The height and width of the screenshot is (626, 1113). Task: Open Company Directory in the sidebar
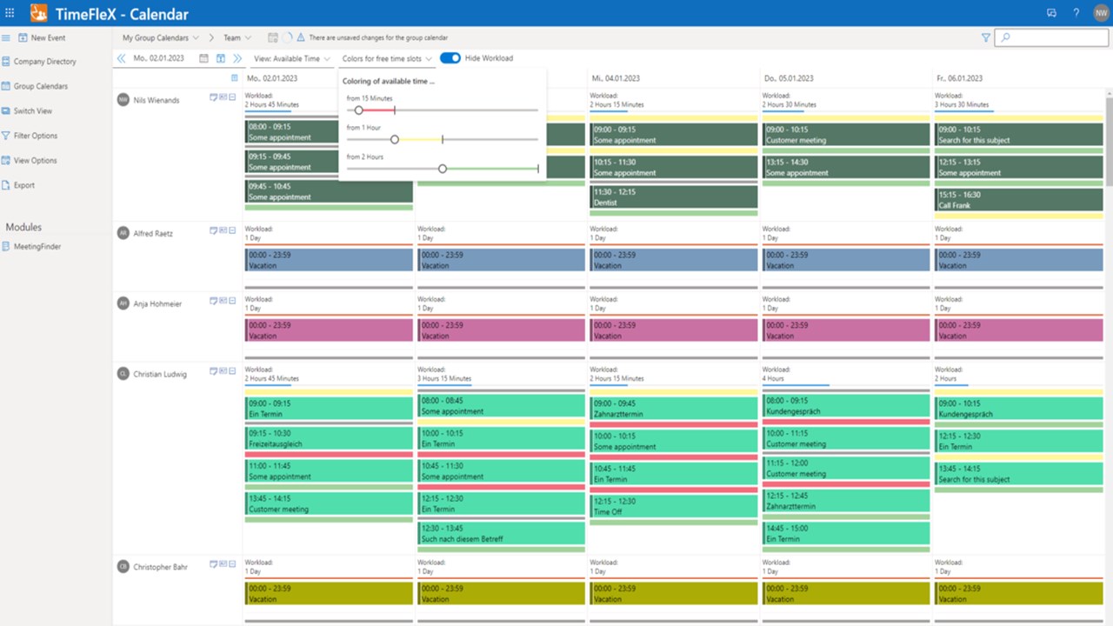point(44,62)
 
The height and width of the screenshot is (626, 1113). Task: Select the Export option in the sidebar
point(24,185)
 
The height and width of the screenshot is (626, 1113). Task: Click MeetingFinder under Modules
point(37,247)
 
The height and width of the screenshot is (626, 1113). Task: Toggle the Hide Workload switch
point(450,58)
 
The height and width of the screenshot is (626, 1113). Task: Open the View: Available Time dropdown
point(292,59)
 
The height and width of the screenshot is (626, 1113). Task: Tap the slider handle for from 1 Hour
point(395,140)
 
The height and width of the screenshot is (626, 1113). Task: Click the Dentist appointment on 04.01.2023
point(674,197)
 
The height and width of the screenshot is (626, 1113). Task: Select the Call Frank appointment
point(1019,200)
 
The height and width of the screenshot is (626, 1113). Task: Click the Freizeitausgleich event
point(328,439)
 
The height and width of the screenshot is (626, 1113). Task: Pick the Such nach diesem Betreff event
point(501,534)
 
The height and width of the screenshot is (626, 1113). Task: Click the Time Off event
point(674,507)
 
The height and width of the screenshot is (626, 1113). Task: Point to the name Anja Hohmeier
point(157,304)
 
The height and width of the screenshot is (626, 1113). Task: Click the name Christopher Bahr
point(160,568)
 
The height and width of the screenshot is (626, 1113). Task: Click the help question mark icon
point(1076,13)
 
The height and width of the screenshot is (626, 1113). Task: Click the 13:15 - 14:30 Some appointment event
point(846,168)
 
